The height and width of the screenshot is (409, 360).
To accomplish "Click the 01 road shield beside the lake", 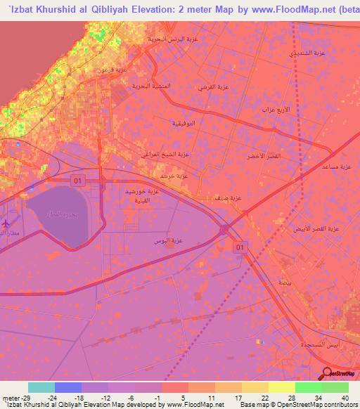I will click(x=77, y=181).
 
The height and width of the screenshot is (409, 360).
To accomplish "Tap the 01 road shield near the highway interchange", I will click(x=240, y=247).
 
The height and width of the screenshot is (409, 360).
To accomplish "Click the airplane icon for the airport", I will click(x=6, y=223).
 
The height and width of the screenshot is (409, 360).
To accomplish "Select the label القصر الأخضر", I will click(x=265, y=156).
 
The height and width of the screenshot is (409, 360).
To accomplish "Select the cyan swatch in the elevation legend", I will click(x=41, y=387).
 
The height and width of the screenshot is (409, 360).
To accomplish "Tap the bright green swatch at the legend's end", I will click(x=335, y=387).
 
